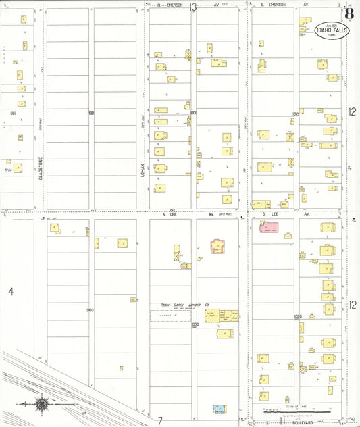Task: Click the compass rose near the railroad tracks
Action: tap(42, 404)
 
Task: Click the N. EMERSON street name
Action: tap(166, 5)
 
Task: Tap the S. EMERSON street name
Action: tap(273, 5)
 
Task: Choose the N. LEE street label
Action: tap(169, 214)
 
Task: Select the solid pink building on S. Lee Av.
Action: tap(270, 226)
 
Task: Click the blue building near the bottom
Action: tap(219, 409)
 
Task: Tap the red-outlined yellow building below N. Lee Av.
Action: tap(218, 246)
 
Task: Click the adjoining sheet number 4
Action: tap(10, 291)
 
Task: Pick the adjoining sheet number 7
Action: tap(160, 420)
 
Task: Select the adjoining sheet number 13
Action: tap(193, 7)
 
